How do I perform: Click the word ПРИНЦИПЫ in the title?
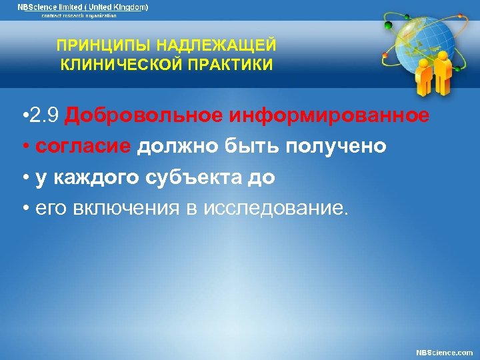pyautogui.click(x=104, y=45)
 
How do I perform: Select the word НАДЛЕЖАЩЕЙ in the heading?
pyautogui.click(x=215, y=45)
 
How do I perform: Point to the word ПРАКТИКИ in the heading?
pyautogui.click(x=230, y=65)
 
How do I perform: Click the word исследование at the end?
pyautogui.click(x=278, y=209)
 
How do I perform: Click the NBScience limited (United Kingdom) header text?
pyautogui.click(x=82, y=7)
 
